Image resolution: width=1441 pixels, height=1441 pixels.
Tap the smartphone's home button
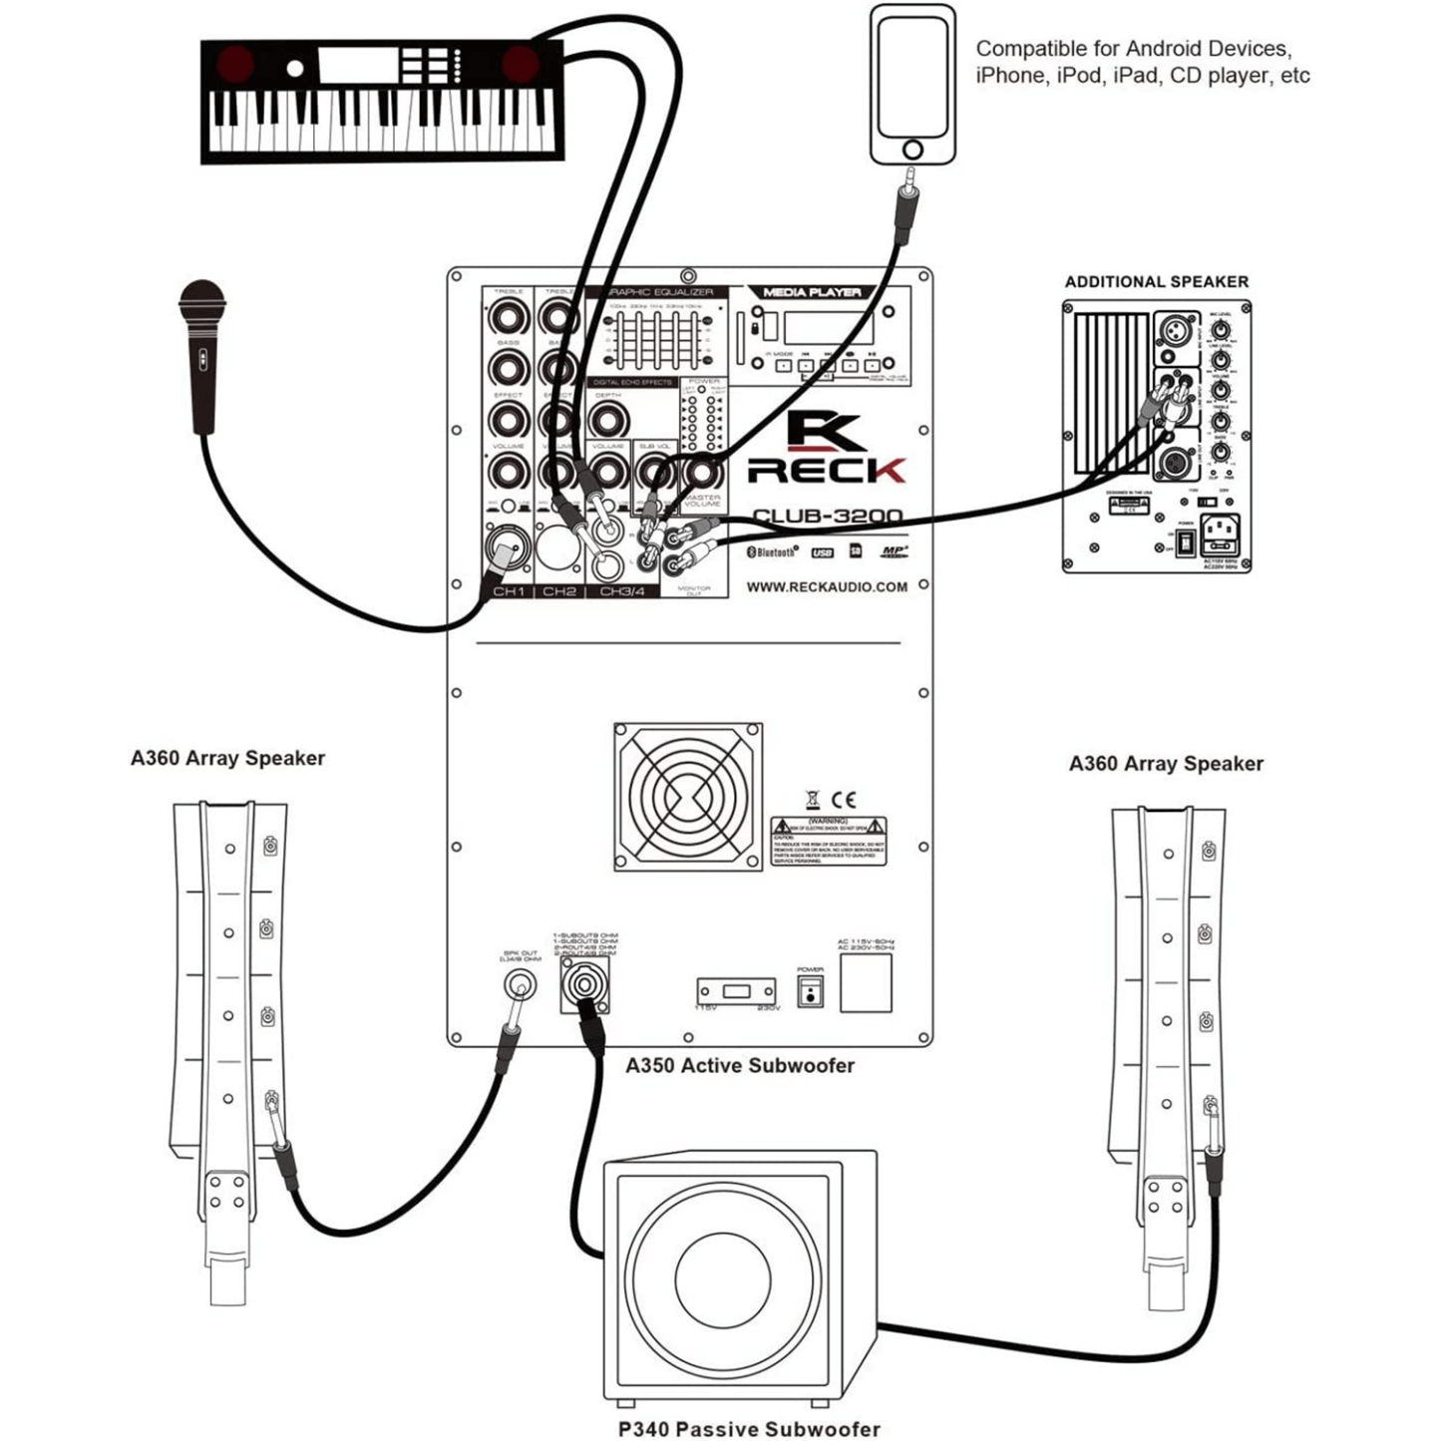[912, 150]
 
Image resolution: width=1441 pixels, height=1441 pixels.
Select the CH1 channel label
[509, 591]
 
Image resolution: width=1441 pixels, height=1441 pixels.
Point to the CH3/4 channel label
[621, 591]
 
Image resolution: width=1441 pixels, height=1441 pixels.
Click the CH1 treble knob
[509, 319]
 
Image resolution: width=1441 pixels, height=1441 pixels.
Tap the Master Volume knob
[701, 471]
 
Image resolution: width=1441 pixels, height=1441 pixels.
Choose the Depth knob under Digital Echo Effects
[607, 418]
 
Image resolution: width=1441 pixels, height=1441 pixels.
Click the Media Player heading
[812, 292]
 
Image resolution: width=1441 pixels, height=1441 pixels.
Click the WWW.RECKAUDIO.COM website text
[827, 587]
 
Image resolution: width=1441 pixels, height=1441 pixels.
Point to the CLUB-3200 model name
[827, 517]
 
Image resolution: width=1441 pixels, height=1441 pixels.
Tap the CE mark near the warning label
[844, 800]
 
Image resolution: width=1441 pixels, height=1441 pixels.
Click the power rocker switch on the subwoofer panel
[810, 992]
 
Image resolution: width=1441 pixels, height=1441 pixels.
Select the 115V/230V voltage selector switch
[737, 991]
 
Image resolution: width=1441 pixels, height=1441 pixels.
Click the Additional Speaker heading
[1156, 282]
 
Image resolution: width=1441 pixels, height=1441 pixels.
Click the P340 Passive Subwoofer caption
[749, 1429]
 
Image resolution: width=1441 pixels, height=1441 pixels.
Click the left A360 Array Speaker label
[227, 758]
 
